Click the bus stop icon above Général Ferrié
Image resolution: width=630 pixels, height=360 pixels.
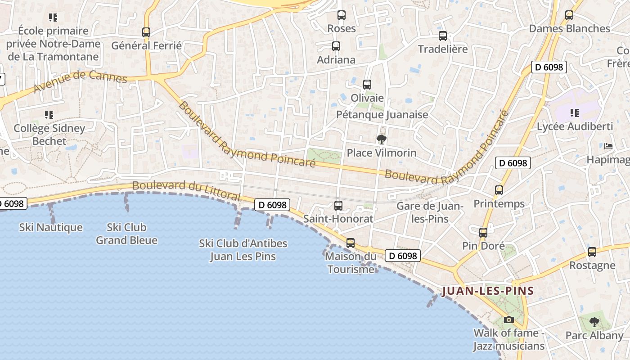coord(146,32)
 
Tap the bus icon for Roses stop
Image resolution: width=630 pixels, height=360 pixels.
coord(342,15)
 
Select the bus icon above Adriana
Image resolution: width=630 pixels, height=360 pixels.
coord(336,46)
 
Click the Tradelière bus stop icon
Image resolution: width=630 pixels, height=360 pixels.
coord(443,36)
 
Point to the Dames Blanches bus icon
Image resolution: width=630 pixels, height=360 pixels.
coord(569,15)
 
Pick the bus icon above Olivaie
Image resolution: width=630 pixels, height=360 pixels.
coord(367,85)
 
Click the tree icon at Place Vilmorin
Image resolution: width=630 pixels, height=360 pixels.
coord(382,139)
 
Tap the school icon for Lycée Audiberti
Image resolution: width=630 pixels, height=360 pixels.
coord(575,113)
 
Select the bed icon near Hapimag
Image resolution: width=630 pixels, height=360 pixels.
coord(608,146)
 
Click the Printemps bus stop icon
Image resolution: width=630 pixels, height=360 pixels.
coord(499,190)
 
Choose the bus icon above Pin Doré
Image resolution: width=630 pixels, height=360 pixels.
coord(483,233)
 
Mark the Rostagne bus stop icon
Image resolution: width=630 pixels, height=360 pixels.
coord(592,252)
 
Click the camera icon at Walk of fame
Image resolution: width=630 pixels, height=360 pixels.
coord(509,319)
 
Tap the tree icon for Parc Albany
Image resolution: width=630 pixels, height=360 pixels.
coord(594,322)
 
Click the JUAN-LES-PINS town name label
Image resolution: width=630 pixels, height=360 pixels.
coord(488,291)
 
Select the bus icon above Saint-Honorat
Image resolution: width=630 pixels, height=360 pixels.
coord(338,206)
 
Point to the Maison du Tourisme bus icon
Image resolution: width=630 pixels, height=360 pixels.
coord(351,243)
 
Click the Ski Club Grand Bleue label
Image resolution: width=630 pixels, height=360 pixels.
coord(126,234)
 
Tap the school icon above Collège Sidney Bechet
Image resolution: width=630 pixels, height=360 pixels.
coord(49,115)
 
